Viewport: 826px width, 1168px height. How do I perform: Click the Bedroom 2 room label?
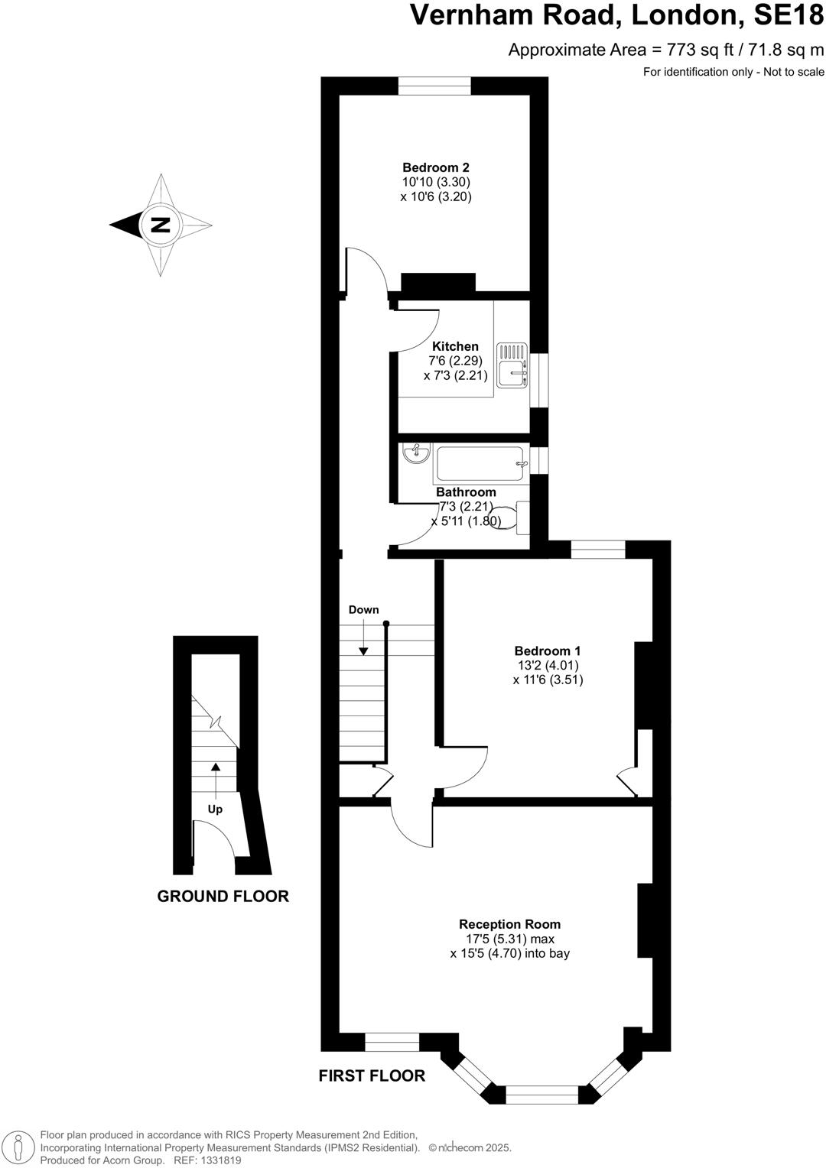click(x=435, y=167)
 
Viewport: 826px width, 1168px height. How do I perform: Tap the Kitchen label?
click(x=455, y=346)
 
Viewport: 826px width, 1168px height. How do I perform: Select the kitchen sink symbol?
click(x=512, y=365)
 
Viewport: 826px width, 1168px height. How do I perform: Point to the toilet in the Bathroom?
click(x=512, y=518)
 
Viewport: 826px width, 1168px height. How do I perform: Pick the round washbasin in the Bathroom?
click(x=415, y=453)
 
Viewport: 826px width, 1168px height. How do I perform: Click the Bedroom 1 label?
click(x=547, y=651)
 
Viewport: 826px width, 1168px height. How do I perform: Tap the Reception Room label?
click(x=509, y=924)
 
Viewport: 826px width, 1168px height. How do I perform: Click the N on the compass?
click(x=161, y=225)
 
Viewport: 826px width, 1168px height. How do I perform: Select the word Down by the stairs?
click(x=363, y=609)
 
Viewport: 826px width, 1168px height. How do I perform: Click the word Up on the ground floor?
click(x=216, y=809)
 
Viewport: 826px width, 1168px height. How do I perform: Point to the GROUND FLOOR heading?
click(x=223, y=896)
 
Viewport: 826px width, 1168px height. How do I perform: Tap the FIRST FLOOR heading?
click(x=372, y=1076)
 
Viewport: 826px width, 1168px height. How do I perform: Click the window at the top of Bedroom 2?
click(x=434, y=86)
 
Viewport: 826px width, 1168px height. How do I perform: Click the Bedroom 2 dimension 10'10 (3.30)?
click(x=435, y=182)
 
